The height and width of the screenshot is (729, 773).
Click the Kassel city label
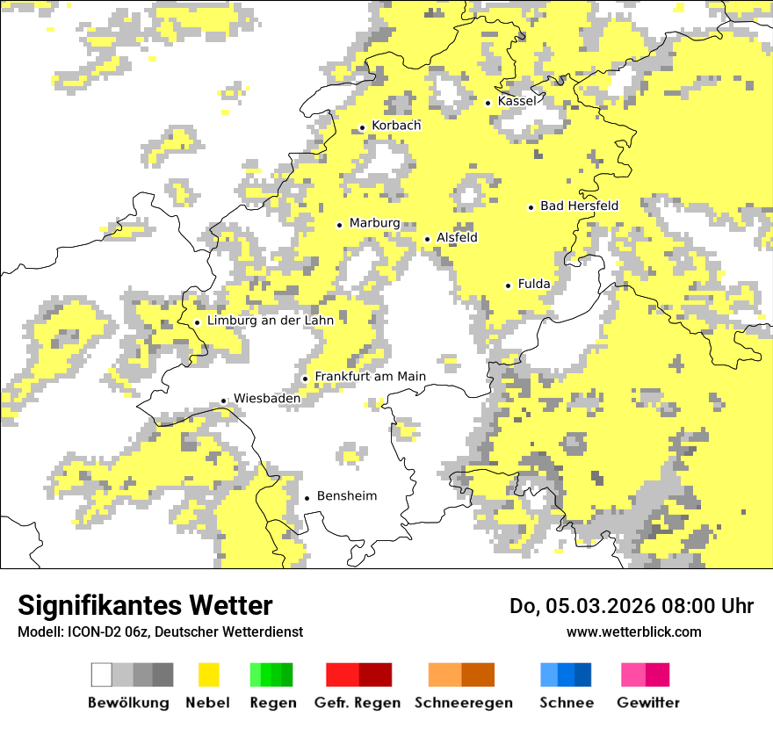pyautogui.click(x=517, y=101)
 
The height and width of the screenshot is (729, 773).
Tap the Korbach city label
pyautogui.click(x=396, y=126)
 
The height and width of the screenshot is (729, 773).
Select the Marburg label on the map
pyautogui.click(x=374, y=223)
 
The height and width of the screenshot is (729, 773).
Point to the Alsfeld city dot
pyautogui.click(x=428, y=239)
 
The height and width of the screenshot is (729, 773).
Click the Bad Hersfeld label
pyautogui.click(x=579, y=206)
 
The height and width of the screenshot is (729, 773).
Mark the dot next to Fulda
pyautogui.click(x=508, y=285)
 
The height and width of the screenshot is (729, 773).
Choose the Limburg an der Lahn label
pyautogui.click(x=270, y=321)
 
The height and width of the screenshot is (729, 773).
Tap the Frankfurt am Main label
pyautogui.click(x=370, y=377)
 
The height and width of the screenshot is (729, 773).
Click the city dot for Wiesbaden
pyautogui.click(x=224, y=401)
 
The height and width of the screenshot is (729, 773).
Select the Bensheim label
pyautogui.click(x=346, y=496)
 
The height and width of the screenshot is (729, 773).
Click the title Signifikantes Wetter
pyautogui.click(x=145, y=605)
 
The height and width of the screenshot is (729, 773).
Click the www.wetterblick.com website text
pyautogui.click(x=633, y=632)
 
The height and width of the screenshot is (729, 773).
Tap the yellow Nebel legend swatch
pyautogui.click(x=208, y=675)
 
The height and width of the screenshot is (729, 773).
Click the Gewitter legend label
pyautogui.click(x=647, y=703)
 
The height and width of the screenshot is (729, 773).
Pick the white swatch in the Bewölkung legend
pyautogui.click(x=102, y=675)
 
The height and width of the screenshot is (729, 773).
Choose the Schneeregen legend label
pyautogui.click(x=463, y=703)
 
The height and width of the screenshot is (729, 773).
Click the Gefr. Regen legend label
pyautogui.click(x=357, y=703)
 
